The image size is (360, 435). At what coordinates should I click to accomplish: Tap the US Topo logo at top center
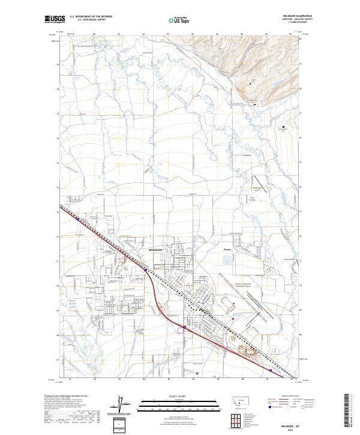[181, 20]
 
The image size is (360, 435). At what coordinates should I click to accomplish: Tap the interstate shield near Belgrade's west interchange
[146, 271]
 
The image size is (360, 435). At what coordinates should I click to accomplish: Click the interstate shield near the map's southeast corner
[271, 371]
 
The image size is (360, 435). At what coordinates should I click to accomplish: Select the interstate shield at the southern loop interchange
[185, 328]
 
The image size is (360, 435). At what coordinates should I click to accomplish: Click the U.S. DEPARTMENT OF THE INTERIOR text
[91, 16]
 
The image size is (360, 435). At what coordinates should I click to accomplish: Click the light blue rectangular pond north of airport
[227, 260]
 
